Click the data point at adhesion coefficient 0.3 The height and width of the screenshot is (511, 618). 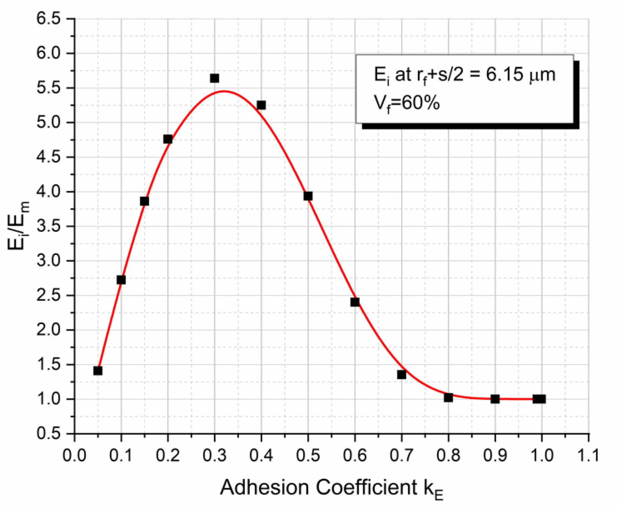point(214,78)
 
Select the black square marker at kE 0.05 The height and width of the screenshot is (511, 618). point(98,370)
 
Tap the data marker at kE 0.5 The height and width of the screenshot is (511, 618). point(308,196)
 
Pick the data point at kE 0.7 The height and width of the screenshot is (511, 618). point(402,374)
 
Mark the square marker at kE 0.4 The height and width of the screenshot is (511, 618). point(261,105)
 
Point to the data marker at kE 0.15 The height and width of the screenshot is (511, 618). point(144,201)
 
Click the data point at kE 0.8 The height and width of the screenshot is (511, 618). point(448,397)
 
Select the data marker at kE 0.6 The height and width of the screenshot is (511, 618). point(355,302)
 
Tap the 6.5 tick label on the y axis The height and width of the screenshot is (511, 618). point(49,19)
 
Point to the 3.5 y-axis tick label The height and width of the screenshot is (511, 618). point(49,226)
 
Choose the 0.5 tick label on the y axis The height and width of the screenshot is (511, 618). point(49,433)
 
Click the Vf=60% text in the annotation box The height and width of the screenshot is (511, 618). point(407,103)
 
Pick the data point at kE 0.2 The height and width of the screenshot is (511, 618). point(168,139)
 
